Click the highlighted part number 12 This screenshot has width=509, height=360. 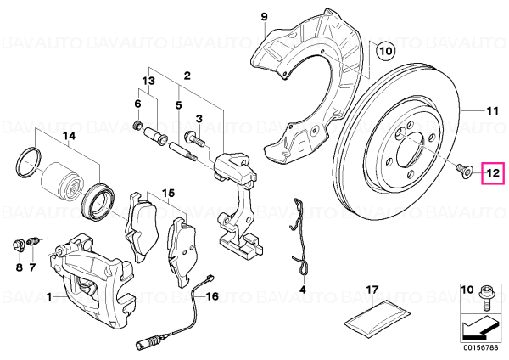pos(493,173)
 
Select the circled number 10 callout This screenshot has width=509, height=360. pos(385,51)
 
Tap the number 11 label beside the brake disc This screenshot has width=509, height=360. pos(492,111)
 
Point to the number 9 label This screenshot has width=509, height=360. pos(264,16)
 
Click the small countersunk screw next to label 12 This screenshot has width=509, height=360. pos(464,171)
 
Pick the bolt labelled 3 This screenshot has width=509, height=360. pos(194,138)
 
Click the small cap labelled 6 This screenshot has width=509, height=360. pos(138,123)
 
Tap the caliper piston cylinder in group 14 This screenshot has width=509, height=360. pos(59,183)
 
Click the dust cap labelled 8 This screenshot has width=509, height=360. pos(18,245)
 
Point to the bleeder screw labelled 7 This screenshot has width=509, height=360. pos(33,242)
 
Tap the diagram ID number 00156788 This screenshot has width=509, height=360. pos(480,348)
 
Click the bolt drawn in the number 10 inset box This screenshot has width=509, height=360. pos(485,299)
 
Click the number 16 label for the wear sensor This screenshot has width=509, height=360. pos(212,296)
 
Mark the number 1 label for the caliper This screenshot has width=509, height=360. pos(48,296)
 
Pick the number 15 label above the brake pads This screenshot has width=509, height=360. pos(168,193)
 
